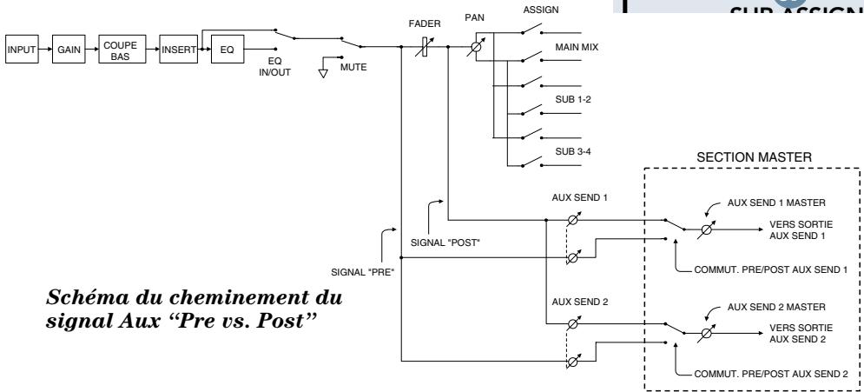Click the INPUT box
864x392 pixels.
pyautogui.click(x=23, y=50)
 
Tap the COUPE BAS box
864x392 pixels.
pyautogui.click(x=121, y=50)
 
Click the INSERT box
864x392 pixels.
pyautogui.click(x=177, y=50)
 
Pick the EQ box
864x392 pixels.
pyautogui.click(x=227, y=50)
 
